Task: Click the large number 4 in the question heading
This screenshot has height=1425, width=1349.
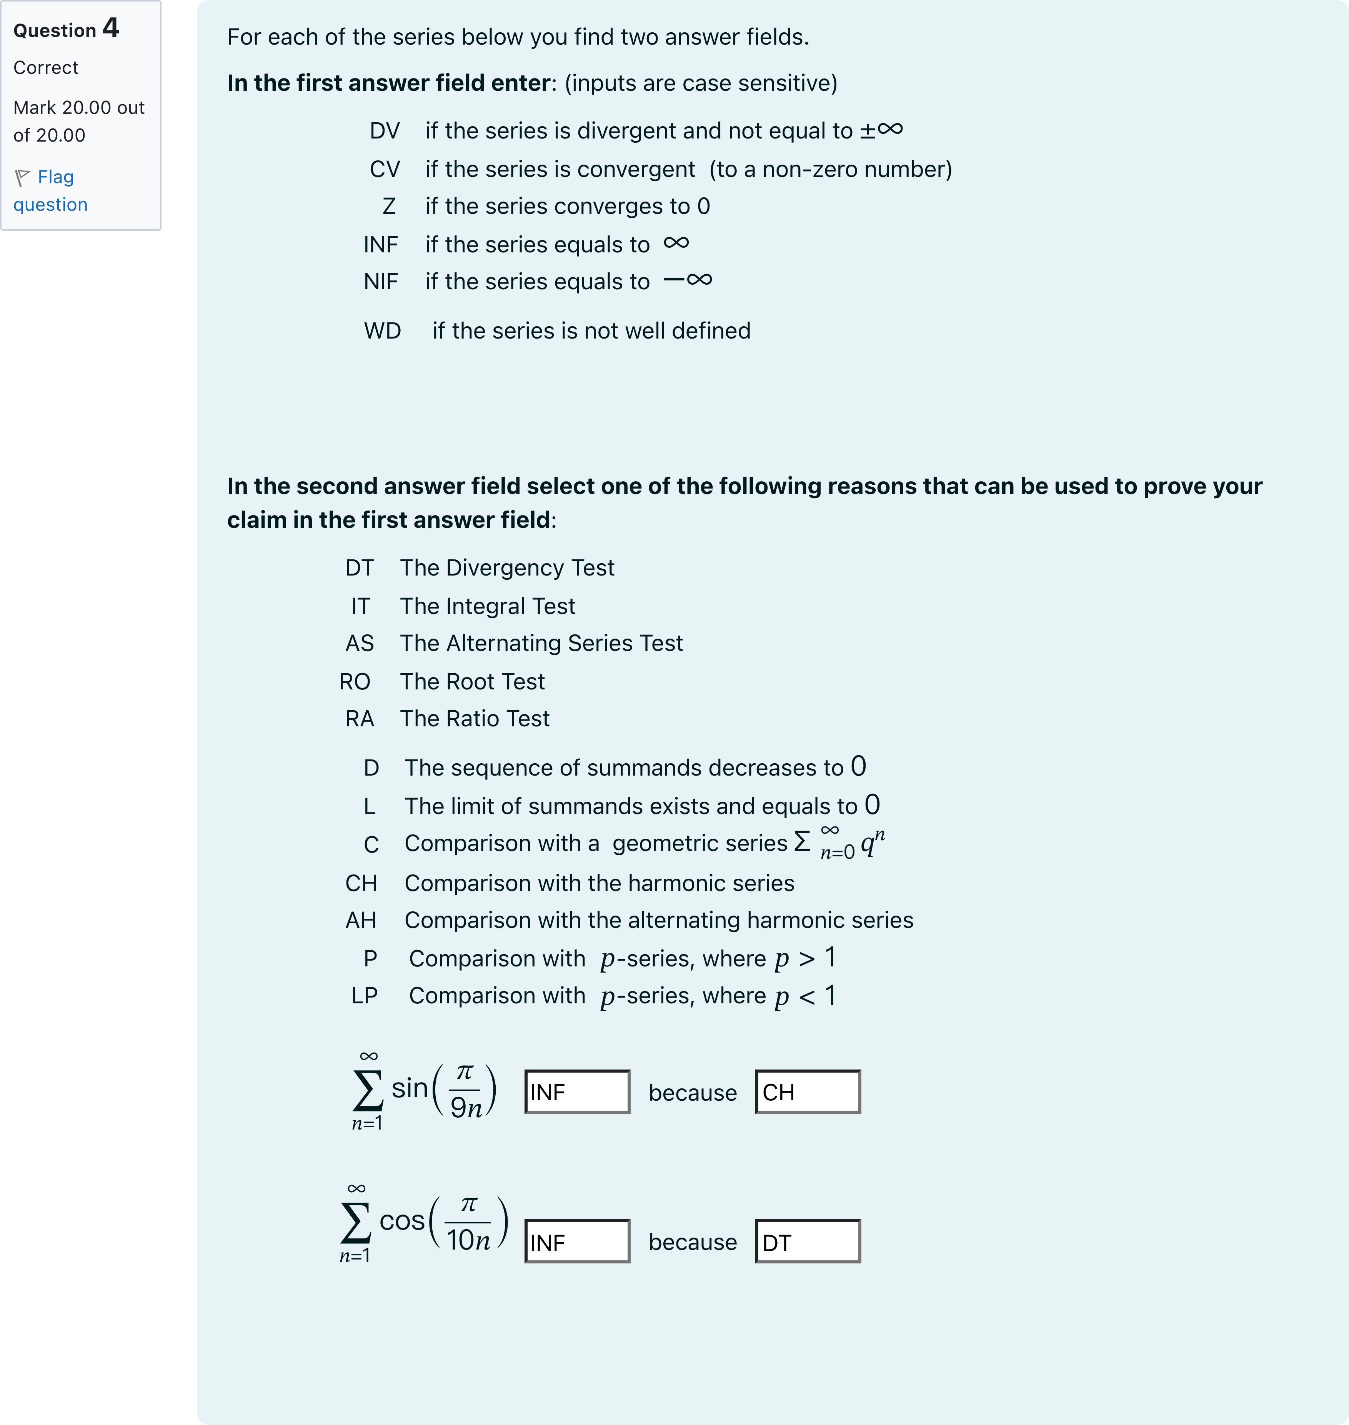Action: (x=111, y=28)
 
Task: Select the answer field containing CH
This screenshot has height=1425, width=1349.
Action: (x=808, y=1092)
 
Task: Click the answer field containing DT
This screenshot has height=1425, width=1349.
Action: (x=808, y=1241)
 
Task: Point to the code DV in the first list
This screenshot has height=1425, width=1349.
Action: (x=385, y=131)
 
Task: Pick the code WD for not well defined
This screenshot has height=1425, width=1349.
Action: (x=383, y=331)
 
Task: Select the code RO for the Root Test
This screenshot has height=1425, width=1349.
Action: (x=355, y=681)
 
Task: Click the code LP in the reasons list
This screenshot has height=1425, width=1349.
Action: (x=365, y=996)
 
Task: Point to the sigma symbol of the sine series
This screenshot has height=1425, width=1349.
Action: (x=368, y=1091)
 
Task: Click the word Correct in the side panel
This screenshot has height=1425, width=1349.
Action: (x=46, y=68)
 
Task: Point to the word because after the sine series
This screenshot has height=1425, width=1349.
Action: (x=693, y=1093)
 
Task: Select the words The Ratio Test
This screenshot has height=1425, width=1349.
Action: (x=475, y=719)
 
